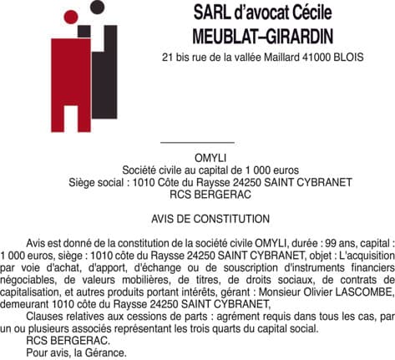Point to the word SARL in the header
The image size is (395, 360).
click(x=210, y=13)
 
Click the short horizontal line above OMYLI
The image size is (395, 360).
click(x=196, y=143)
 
